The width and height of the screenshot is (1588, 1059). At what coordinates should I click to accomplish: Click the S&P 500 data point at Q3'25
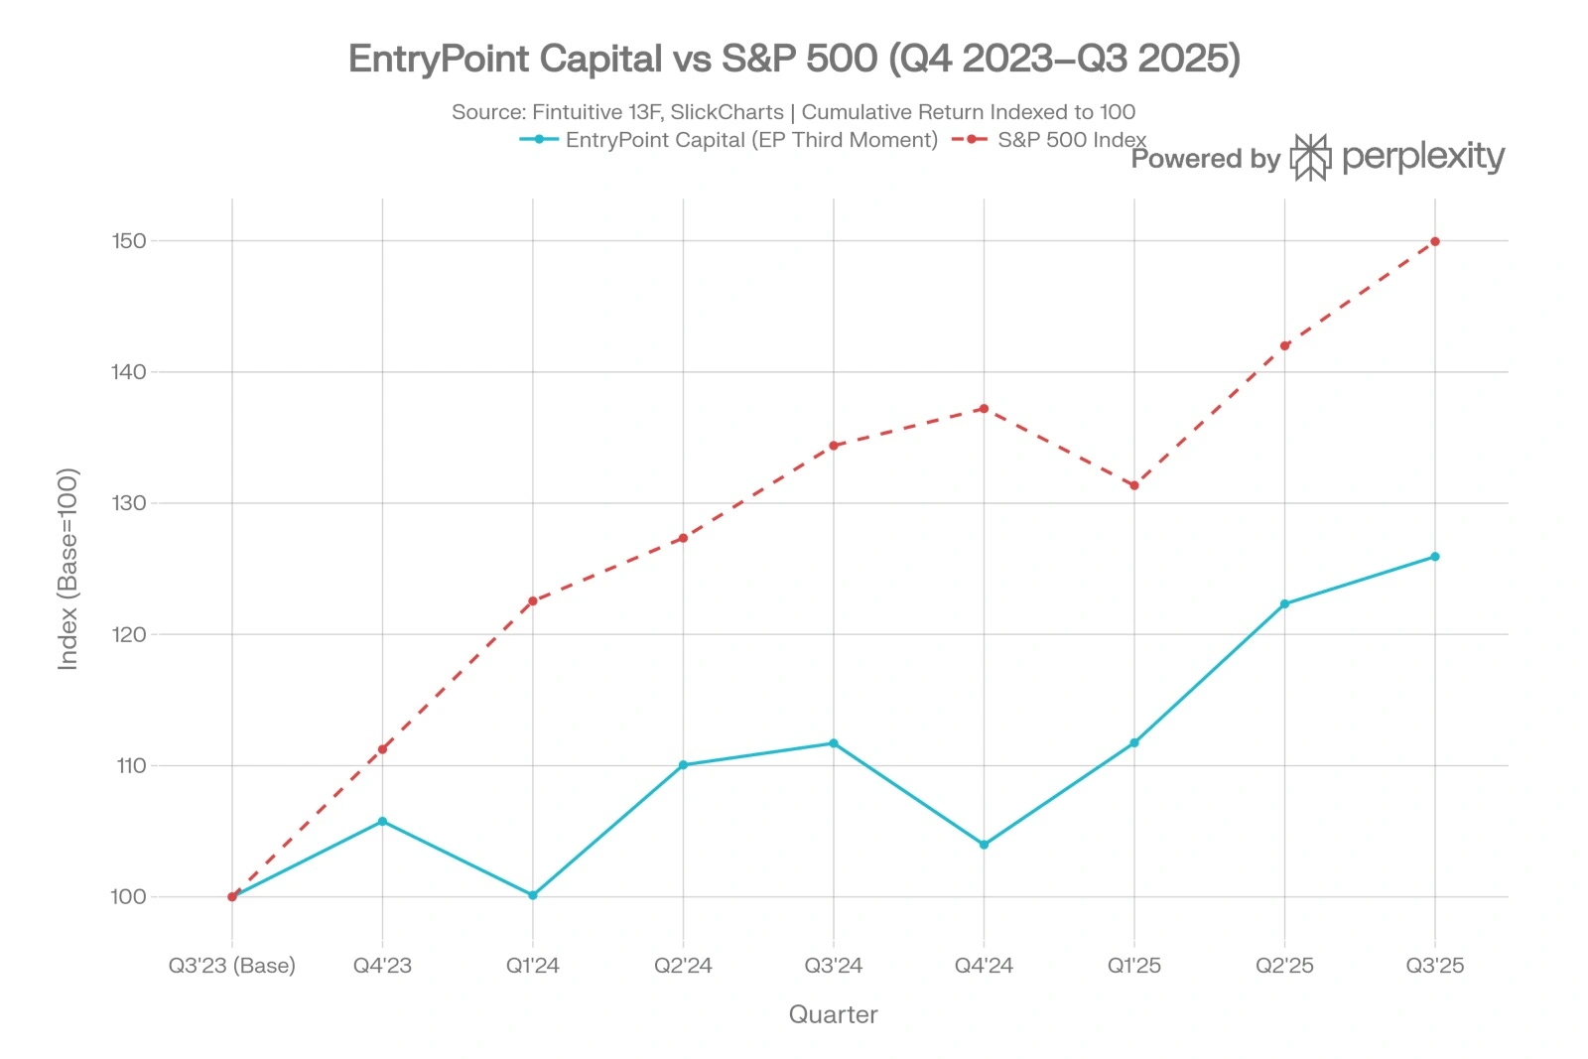tap(1434, 241)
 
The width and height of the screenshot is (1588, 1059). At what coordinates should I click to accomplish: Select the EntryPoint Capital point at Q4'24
tap(984, 845)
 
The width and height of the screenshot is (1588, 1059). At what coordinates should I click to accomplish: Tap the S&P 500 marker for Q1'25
tap(1133, 485)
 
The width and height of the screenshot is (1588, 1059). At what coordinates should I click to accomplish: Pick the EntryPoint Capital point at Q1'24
tap(533, 895)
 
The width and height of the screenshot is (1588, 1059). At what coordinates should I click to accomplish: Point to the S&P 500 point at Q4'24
tap(984, 408)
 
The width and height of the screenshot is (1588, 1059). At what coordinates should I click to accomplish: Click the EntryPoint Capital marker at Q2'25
tap(1284, 603)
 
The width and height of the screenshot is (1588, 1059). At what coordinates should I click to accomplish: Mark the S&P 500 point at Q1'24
tap(533, 600)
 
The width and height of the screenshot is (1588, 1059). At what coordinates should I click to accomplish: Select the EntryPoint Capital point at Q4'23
tap(382, 821)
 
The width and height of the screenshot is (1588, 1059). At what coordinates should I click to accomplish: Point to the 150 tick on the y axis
tap(129, 241)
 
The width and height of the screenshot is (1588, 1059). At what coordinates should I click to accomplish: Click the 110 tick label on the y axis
tap(130, 765)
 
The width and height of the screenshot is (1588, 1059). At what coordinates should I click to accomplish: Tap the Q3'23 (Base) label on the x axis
tap(232, 965)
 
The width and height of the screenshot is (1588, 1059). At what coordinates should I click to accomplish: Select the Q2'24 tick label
tap(683, 965)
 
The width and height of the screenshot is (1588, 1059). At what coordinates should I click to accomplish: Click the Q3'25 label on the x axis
tap(1434, 965)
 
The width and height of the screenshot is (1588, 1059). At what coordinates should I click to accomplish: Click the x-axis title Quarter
tap(833, 1014)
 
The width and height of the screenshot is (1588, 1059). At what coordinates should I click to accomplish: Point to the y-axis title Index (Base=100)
tap(67, 569)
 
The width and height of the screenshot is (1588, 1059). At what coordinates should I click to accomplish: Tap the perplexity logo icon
tap(1309, 157)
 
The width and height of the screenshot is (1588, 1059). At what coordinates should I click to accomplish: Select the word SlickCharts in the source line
tap(727, 112)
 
